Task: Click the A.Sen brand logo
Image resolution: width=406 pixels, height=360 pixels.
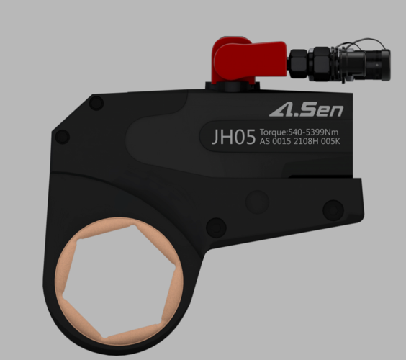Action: point(307,109)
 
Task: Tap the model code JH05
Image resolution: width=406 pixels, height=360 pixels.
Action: point(233,137)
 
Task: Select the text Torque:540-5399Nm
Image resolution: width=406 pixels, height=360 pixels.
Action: point(299,132)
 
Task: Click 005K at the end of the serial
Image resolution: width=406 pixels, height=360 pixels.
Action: point(330,141)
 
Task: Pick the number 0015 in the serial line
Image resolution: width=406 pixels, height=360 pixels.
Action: point(281,141)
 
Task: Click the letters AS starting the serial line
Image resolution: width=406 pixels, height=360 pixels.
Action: point(265,141)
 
